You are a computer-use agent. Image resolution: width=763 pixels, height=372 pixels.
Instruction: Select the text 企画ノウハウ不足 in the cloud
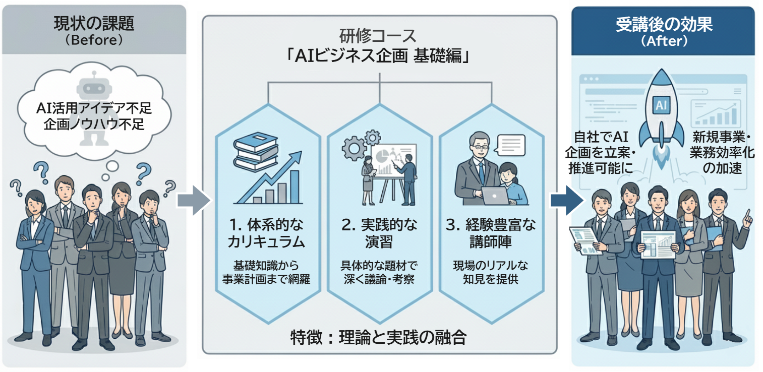(94, 124)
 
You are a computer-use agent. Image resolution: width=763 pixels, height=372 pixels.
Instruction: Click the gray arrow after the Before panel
(193, 201)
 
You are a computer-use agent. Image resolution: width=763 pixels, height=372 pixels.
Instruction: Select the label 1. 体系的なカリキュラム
(266, 233)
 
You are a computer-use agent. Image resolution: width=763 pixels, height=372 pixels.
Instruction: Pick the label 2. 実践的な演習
(379, 233)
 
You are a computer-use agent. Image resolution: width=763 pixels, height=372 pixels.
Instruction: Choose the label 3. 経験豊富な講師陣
(492, 233)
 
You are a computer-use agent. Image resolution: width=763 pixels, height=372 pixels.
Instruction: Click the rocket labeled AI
(661, 111)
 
